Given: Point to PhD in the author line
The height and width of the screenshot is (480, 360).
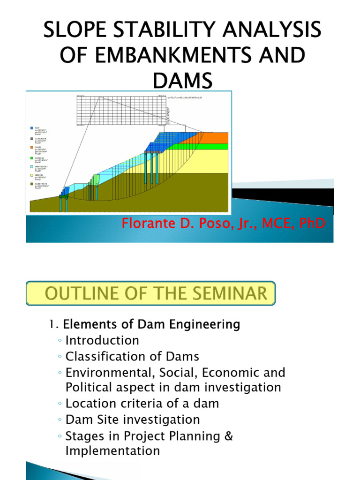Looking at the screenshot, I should click(x=310, y=224).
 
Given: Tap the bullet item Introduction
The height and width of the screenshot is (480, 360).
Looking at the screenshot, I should click(x=102, y=340).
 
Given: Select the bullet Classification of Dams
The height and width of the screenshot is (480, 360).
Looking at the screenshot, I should click(x=132, y=356).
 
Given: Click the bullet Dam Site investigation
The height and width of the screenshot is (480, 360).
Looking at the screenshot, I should click(x=133, y=419).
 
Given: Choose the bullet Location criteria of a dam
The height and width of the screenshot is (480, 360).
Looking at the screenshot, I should click(x=142, y=403).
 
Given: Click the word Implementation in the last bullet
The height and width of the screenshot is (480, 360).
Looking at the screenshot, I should click(x=112, y=451).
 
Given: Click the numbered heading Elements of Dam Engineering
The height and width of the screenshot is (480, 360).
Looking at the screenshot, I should click(x=151, y=324).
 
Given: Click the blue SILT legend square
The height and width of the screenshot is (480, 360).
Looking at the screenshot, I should click(x=31, y=127).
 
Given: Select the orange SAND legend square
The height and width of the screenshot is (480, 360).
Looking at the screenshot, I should click(x=31, y=147).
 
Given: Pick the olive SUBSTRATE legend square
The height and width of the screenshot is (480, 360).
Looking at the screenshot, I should click(x=31, y=184).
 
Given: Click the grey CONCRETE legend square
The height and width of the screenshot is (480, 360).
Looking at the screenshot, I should click(x=31, y=139).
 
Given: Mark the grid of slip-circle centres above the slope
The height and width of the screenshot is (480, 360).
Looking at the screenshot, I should click(x=121, y=110).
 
